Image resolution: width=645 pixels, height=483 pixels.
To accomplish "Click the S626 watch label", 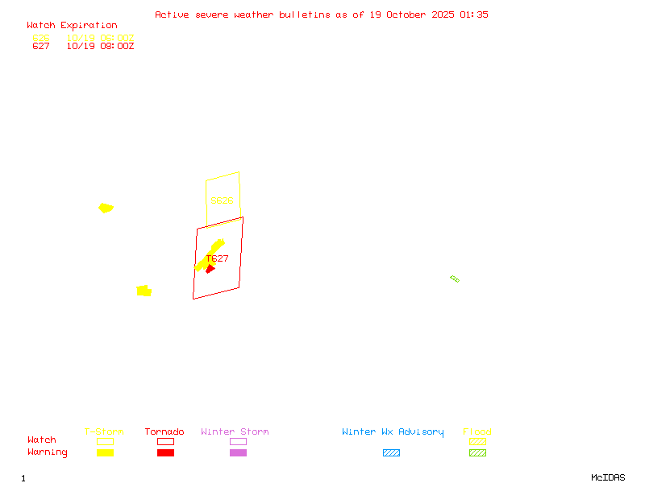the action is [x=222, y=200].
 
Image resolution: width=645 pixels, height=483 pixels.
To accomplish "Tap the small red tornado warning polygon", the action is [x=210, y=269].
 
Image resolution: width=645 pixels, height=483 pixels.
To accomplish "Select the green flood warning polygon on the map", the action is [x=455, y=279].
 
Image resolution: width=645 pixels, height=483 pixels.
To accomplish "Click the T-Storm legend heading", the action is [x=104, y=432].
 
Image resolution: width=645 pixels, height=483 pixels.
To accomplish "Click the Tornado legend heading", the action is [x=164, y=432].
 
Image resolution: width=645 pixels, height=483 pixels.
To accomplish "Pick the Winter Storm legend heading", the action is [x=235, y=432].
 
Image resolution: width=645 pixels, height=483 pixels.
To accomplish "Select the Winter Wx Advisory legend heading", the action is [x=393, y=432].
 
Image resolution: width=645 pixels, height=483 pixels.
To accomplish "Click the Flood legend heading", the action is [x=477, y=432].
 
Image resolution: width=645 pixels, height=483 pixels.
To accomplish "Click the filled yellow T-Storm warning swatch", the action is [x=105, y=453].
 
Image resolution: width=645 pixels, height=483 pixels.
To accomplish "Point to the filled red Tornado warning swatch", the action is [x=165, y=453].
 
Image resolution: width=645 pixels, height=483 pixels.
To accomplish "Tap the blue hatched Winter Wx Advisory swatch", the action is [x=391, y=453].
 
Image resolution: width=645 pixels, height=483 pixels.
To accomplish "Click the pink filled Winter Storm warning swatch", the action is [x=238, y=453].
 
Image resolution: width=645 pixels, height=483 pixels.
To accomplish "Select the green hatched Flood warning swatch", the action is [x=477, y=453].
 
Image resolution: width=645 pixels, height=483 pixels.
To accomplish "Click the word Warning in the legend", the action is [x=48, y=452].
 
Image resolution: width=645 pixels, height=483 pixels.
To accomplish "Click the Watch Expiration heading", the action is [x=72, y=26].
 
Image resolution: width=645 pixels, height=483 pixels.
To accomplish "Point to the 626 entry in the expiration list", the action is [x=41, y=38].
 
